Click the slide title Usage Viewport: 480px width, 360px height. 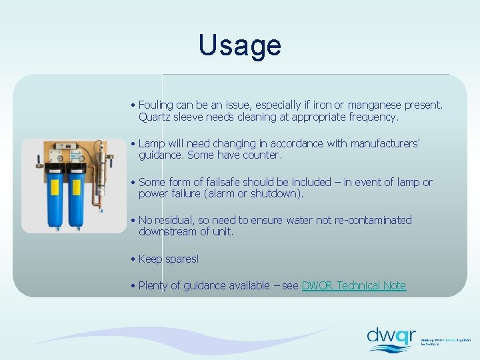(240, 45)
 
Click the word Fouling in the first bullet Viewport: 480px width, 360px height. (155, 105)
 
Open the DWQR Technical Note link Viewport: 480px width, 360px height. (353, 285)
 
